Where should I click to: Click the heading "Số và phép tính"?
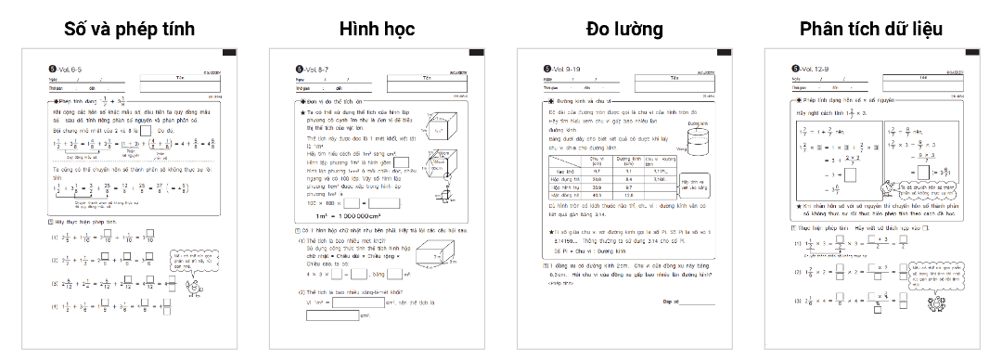[x=129, y=29]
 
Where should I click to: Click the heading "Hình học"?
[x=376, y=29]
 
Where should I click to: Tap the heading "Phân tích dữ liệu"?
[x=871, y=29]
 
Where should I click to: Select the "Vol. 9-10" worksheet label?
[x=564, y=69]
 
